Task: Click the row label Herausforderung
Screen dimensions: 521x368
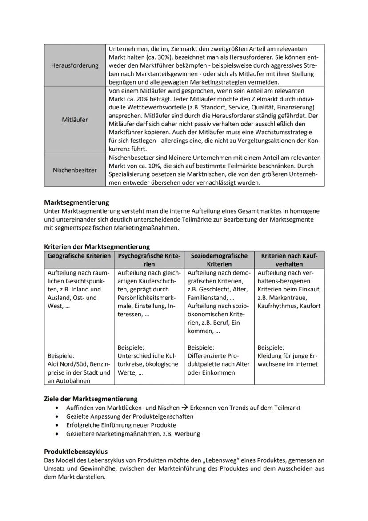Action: [x=75, y=65]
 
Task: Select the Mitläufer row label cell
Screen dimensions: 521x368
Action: [x=75, y=120]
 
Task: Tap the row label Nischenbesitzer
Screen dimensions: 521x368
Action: [x=75, y=170]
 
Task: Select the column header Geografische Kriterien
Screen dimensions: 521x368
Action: [x=79, y=256]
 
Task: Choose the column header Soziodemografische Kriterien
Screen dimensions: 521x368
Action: [x=219, y=260]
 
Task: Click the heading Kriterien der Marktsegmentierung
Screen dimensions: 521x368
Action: [x=96, y=246]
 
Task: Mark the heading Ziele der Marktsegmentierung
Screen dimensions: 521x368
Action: [x=91, y=399]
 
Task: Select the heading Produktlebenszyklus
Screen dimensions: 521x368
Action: [x=76, y=451]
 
